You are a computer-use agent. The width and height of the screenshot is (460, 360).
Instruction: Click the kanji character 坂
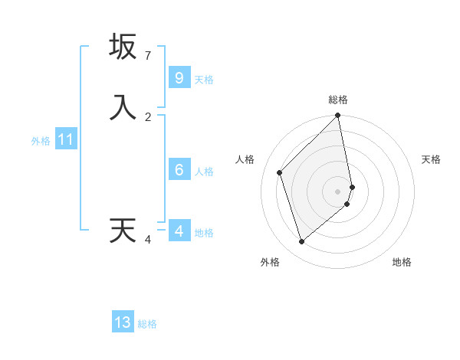(x=123, y=47)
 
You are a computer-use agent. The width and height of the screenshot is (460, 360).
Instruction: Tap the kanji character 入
(x=123, y=107)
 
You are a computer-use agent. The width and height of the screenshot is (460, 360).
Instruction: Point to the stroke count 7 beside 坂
(x=148, y=56)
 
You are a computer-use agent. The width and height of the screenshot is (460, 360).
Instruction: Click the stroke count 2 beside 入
(x=148, y=116)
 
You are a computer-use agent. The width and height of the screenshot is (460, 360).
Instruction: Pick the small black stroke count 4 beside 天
(x=148, y=240)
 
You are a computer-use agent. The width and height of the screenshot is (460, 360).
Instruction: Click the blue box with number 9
(x=179, y=78)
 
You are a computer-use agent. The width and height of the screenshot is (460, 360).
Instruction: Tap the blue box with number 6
(x=179, y=169)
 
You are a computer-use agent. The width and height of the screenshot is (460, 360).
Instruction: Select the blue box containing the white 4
(x=179, y=231)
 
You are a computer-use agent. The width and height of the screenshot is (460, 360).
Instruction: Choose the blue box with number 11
(x=66, y=140)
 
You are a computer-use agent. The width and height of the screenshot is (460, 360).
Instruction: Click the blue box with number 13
(x=123, y=322)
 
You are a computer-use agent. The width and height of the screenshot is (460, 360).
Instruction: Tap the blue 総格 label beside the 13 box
(x=147, y=324)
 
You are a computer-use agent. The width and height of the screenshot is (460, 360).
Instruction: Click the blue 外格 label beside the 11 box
(x=41, y=141)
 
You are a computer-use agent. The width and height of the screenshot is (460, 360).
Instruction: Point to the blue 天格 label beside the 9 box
(x=204, y=80)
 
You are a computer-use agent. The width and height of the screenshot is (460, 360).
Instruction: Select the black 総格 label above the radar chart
(x=338, y=100)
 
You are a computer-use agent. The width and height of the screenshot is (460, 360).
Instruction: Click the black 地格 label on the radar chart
(x=402, y=262)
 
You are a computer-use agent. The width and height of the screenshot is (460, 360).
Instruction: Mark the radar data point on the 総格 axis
(x=338, y=116)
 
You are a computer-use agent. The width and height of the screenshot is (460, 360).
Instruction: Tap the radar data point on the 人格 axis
(x=280, y=172)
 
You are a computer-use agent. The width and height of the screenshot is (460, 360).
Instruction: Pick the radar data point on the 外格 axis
(x=301, y=242)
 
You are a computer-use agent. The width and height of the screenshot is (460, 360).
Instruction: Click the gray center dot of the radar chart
(x=338, y=191)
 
